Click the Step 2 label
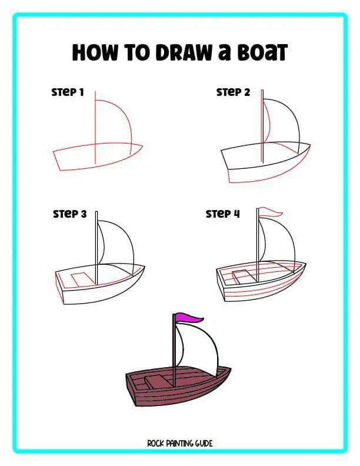[x=233, y=92]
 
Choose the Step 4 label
[x=223, y=214]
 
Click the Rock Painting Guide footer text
[x=179, y=442]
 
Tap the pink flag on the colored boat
[x=188, y=318]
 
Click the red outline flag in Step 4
[x=270, y=212]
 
